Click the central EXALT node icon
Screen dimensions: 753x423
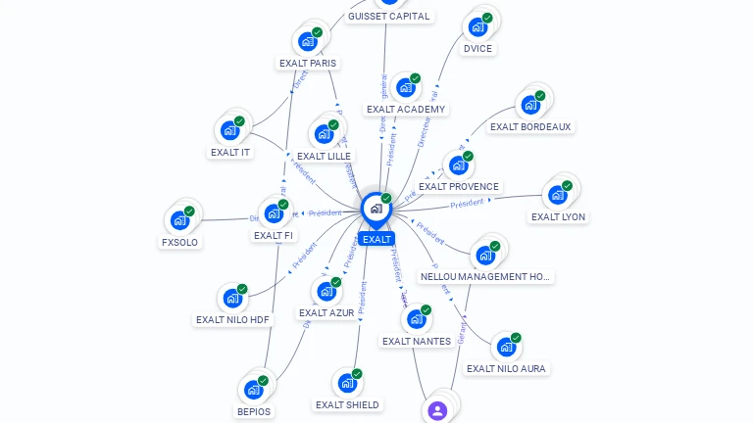(376, 209)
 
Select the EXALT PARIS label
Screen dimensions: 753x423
(308, 64)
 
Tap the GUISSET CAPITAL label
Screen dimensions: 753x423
(388, 17)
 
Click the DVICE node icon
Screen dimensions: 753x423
(477, 26)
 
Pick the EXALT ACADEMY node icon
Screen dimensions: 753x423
(405, 88)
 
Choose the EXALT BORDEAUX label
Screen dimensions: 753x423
(530, 127)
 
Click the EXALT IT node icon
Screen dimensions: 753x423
(229, 130)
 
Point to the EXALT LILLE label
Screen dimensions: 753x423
(324, 157)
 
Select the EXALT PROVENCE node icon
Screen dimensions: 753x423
(458, 165)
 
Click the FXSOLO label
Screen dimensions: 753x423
(180, 242)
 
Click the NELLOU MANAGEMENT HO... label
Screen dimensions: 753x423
(486, 277)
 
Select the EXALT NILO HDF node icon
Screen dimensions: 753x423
(232, 299)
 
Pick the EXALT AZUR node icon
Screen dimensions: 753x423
(326, 292)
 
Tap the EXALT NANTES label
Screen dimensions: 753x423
(417, 342)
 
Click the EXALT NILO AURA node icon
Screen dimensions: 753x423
(505, 348)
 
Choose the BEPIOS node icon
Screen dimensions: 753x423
(253, 390)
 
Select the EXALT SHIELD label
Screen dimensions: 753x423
(347, 405)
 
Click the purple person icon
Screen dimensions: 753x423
(437, 410)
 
